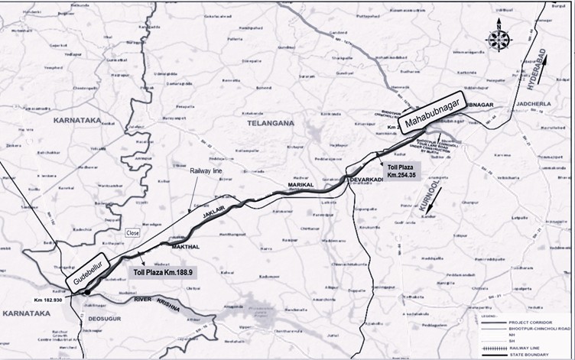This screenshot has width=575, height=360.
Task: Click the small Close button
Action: pos(133,232)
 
